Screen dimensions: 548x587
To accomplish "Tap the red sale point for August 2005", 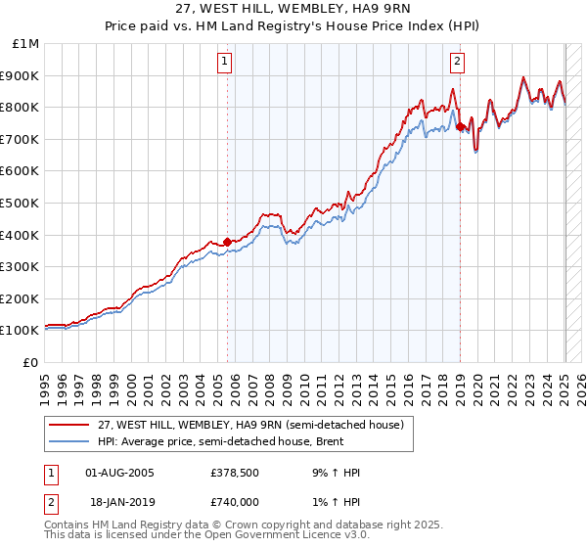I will click(227, 241).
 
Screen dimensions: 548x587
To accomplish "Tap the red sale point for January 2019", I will click(460, 126).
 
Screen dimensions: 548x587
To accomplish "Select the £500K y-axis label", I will click(22, 204).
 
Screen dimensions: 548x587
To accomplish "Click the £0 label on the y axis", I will click(31, 362).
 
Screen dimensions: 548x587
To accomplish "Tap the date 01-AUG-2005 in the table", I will click(120, 473).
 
